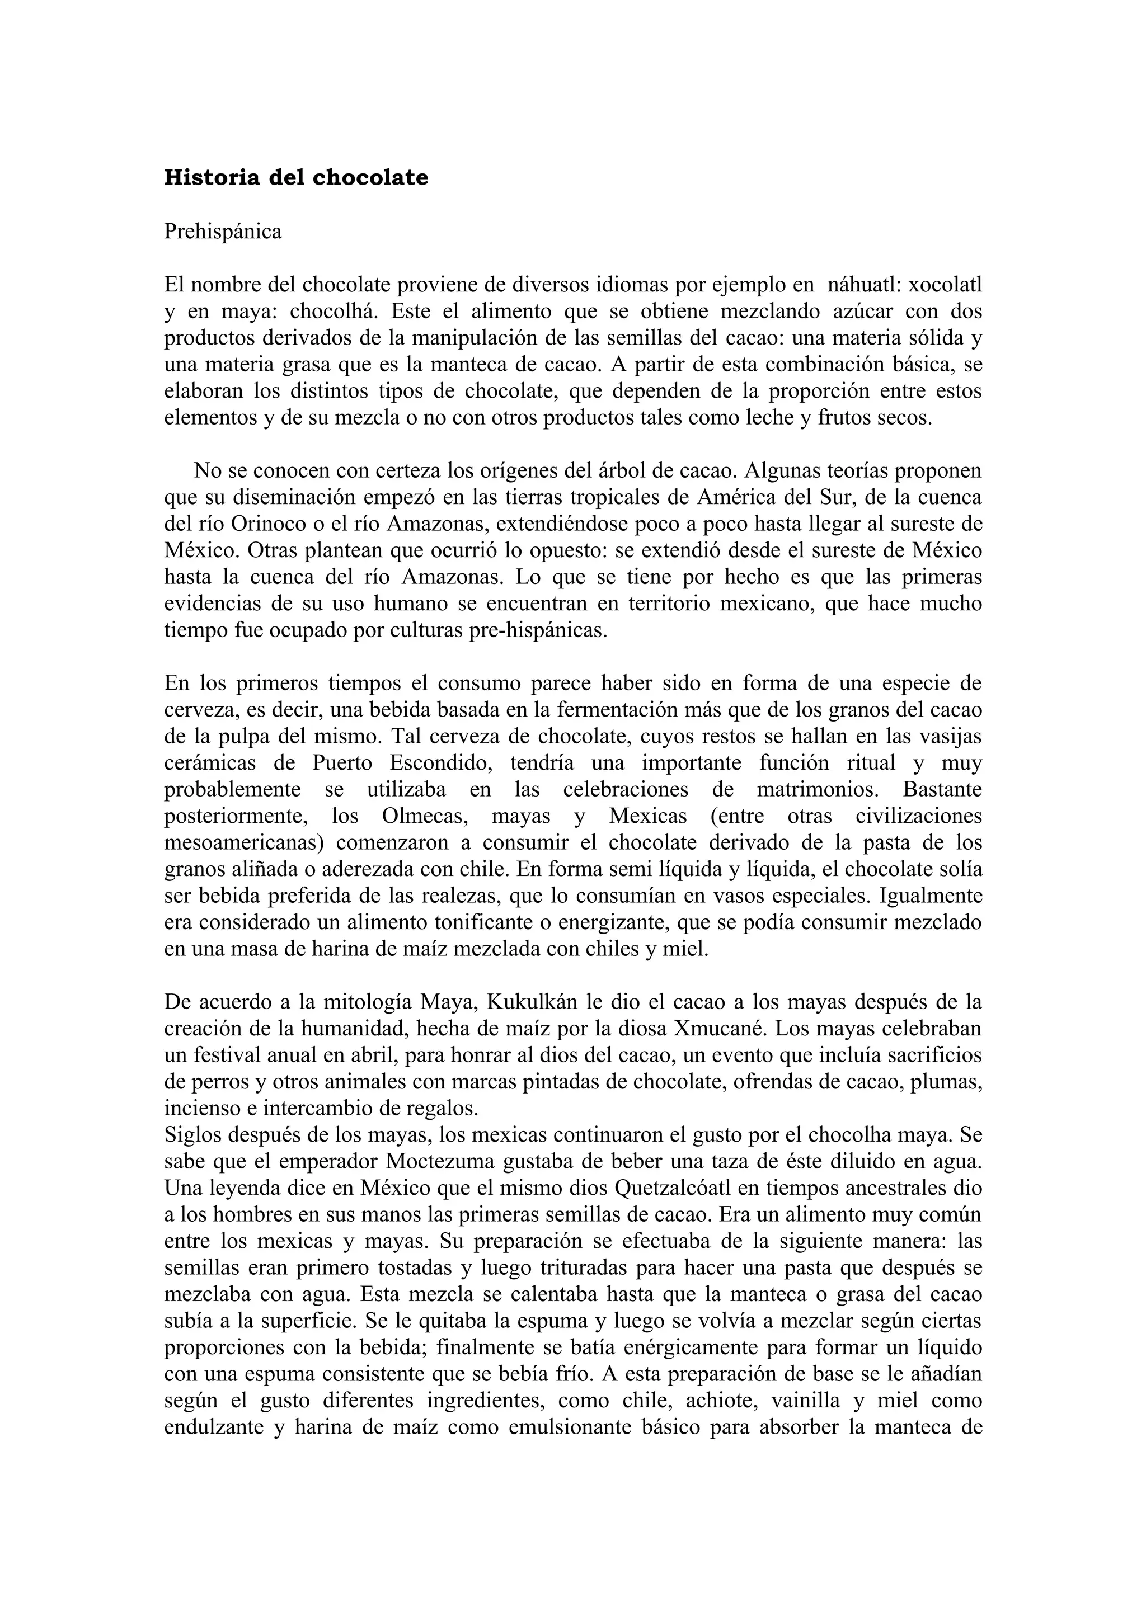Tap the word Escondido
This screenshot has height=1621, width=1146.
(439, 763)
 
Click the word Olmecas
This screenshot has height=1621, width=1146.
(415, 816)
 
